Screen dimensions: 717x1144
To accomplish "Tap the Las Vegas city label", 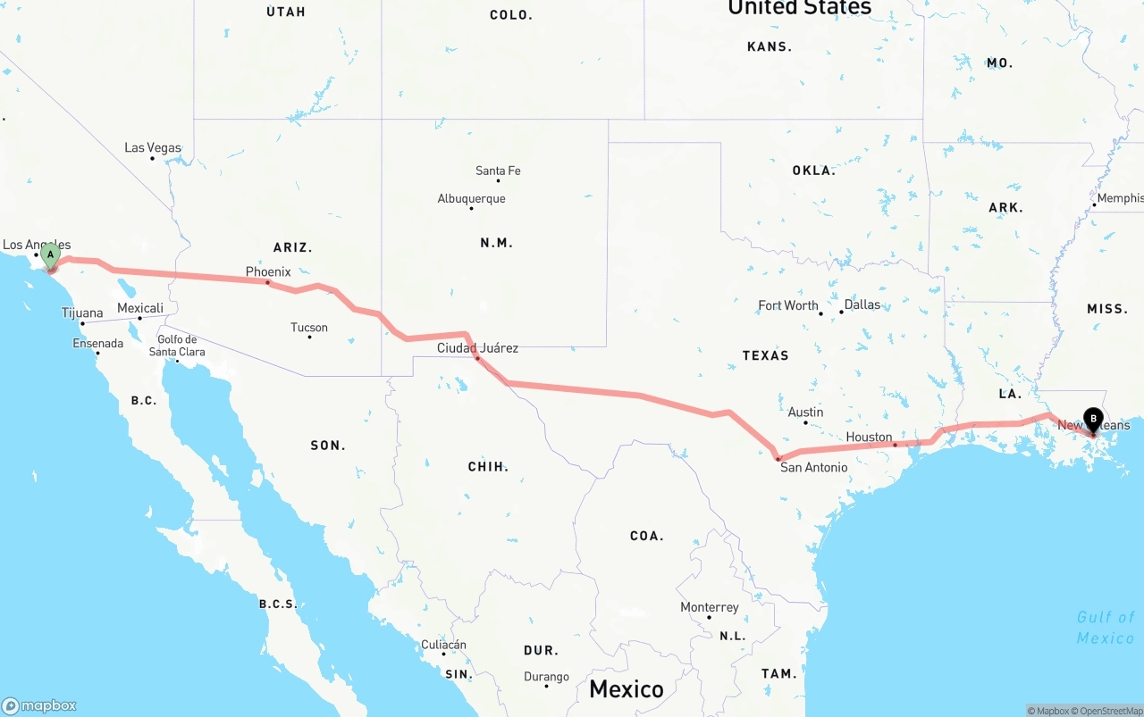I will click(x=153, y=148).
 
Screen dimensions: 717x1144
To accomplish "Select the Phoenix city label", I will click(x=268, y=271).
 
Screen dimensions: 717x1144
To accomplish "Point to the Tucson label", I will click(x=309, y=328).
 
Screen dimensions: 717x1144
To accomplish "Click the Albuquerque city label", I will click(x=471, y=199).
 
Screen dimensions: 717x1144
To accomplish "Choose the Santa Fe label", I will click(x=498, y=171).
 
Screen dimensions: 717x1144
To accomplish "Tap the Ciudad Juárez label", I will click(x=477, y=348).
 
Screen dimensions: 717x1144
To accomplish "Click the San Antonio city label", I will click(x=813, y=467).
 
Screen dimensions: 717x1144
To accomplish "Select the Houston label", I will click(x=870, y=438).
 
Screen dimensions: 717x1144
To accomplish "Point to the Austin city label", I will click(x=805, y=413).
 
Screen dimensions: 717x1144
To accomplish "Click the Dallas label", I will click(x=862, y=304).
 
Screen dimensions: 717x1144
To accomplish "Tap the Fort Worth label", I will click(x=788, y=305).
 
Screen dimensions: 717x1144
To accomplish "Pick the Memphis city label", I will click(x=1120, y=198).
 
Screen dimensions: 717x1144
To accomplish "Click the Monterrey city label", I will click(x=710, y=607).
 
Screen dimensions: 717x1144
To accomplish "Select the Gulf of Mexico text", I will click(x=1106, y=627).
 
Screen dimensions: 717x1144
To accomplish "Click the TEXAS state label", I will click(x=765, y=355).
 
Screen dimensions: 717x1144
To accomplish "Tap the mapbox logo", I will click(x=39, y=705).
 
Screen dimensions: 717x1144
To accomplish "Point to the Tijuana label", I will click(x=82, y=313).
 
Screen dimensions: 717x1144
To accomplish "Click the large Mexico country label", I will click(x=626, y=689).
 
